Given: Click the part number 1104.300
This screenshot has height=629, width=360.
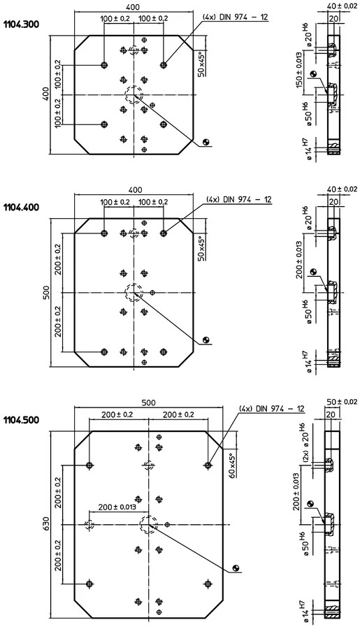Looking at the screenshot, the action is [x=21, y=24].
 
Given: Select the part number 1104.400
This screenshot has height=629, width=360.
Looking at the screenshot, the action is [x=21, y=208].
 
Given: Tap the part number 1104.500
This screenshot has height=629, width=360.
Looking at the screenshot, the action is [x=21, y=420].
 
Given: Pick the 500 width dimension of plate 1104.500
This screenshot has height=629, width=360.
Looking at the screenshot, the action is [x=148, y=403].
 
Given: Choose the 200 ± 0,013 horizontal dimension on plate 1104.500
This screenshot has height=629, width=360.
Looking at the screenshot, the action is [x=117, y=507].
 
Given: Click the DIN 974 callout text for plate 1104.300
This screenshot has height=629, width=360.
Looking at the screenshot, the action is [x=235, y=17].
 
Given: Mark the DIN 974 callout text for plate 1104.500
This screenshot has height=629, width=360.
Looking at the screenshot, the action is [x=272, y=408].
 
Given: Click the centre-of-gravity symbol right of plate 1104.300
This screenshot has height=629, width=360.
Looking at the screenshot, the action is [x=206, y=142].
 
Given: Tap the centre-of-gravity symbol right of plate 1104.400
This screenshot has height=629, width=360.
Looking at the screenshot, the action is [x=207, y=340].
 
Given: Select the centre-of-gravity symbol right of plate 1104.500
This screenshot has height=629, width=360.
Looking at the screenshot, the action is [x=236, y=567].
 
